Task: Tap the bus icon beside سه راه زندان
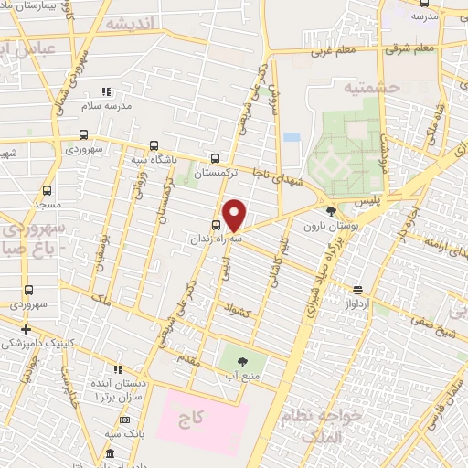click(x=217, y=225)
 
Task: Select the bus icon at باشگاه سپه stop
click(x=154, y=145)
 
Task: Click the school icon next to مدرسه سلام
click(x=105, y=92)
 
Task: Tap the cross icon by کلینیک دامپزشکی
click(x=26, y=329)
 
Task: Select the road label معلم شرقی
click(x=412, y=48)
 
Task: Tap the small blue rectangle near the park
click(x=292, y=137)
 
